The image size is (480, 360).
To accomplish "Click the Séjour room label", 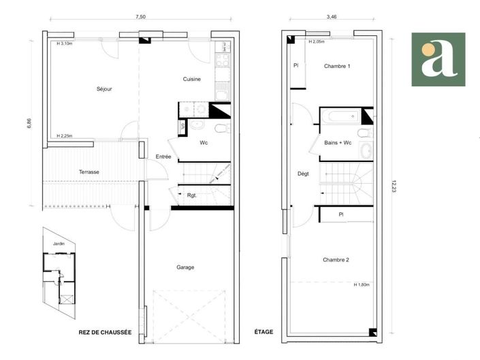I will click(103, 89).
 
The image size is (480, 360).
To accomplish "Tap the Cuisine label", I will click(191, 79).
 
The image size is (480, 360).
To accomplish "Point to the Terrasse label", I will click(89, 172).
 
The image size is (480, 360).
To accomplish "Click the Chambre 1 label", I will click(337, 66).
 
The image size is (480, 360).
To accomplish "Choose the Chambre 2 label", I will click(336, 260).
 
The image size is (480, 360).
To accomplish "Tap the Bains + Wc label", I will click(338, 143).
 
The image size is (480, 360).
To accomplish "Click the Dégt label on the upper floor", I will click(303, 174).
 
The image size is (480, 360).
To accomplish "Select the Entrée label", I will click(163, 157).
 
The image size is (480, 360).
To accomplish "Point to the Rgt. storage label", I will click(192, 195).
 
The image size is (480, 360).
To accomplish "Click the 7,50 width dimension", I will click(140, 17).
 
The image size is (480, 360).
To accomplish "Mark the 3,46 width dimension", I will click(332, 17).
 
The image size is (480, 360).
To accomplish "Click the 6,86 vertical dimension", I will click(29, 127).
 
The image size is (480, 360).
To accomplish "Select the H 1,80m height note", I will click(361, 284).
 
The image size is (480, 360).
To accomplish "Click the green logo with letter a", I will click(438, 59).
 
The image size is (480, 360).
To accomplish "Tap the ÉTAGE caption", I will click(263, 332).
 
